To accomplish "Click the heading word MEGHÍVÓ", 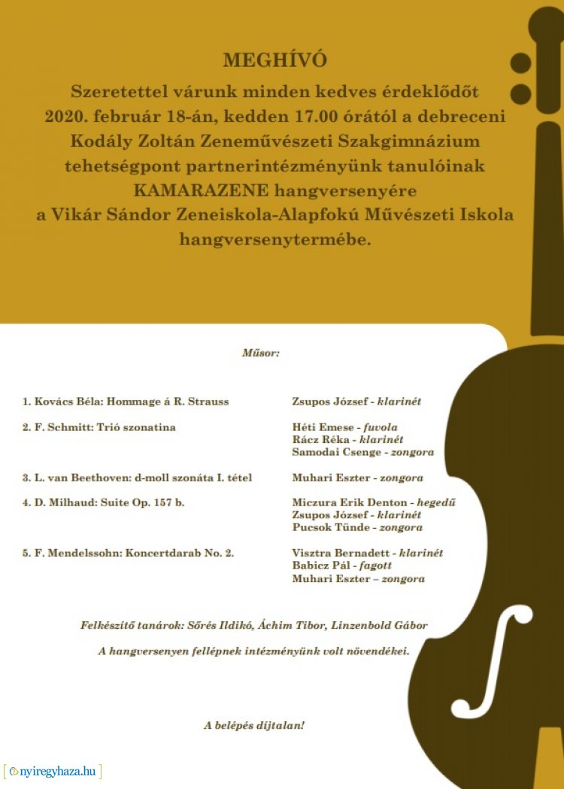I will pos(275,60).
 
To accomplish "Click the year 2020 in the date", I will pos(62,117).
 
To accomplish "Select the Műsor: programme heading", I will pos(260,352).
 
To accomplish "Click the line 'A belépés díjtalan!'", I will pos(254,726).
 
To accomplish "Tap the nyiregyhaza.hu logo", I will pos(52,771).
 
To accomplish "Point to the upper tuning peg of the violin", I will pos(520,62).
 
